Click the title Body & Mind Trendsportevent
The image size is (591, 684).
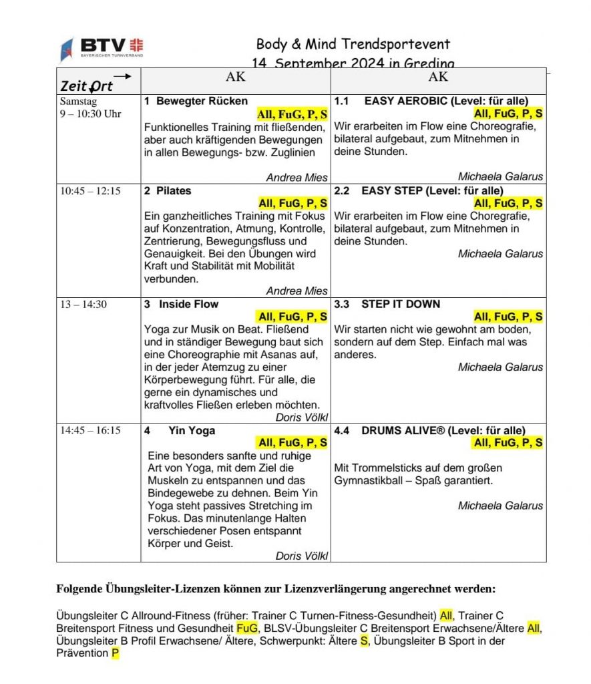click(x=353, y=45)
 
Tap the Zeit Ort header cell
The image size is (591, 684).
click(x=87, y=85)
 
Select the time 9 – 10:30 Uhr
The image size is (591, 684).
click(x=90, y=114)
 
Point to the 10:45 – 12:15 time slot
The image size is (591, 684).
click(x=90, y=191)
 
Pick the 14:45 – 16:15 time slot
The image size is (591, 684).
click(x=90, y=430)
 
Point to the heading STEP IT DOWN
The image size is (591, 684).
click(x=401, y=305)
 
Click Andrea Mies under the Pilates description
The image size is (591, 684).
click(x=297, y=291)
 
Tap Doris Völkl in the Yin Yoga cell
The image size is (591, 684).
click(x=301, y=556)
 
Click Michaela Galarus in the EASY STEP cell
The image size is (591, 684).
click(x=500, y=254)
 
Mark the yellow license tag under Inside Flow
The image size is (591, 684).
click(x=292, y=317)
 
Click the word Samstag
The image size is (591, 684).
click(x=78, y=102)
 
